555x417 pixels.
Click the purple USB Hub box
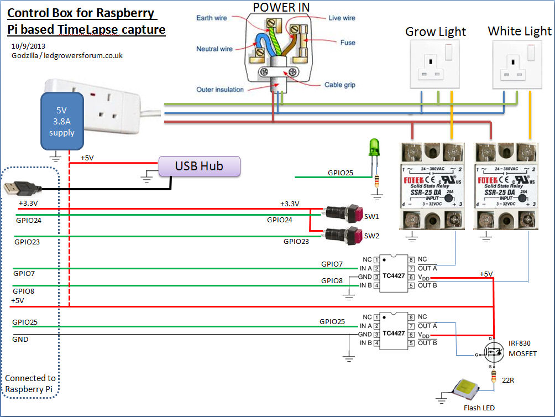[x=200, y=166]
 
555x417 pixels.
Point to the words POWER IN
[x=281, y=7]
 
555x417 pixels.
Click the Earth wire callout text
[x=212, y=18]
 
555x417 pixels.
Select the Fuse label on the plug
[x=348, y=43]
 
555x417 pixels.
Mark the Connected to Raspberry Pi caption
[x=30, y=384]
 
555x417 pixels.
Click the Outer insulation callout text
[x=219, y=90]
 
